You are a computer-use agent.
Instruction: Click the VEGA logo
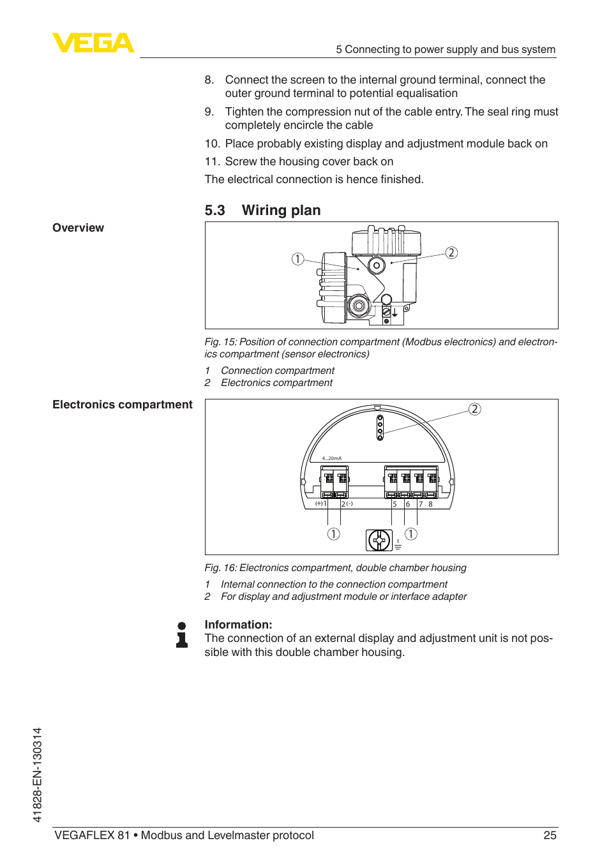[x=93, y=43]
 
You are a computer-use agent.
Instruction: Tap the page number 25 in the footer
[x=550, y=835]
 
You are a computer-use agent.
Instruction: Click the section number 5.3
[x=214, y=211]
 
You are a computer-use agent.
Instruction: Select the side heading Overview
[x=78, y=228]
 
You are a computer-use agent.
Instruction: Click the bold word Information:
[x=238, y=625]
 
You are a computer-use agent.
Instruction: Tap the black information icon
[x=182, y=635]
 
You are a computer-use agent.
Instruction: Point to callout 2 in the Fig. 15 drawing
[x=451, y=253]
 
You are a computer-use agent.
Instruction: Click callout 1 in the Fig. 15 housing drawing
[x=297, y=258]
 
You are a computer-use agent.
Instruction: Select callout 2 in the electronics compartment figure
[x=474, y=409]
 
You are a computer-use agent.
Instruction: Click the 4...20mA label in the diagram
[x=331, y=458]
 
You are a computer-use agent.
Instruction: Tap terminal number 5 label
[x=395, y=504]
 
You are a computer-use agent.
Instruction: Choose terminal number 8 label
[x=430, y=504]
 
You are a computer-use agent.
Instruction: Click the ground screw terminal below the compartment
[x=379, y=540]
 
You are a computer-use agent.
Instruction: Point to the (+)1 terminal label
[x=320, y=503]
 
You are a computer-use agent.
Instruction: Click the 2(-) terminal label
[x=347, y=503]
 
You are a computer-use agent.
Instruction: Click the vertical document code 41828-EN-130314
[x=37, y=775]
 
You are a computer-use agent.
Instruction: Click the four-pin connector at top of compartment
[x=380, y=428]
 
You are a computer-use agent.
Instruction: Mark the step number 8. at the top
[x=209, y=80]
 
